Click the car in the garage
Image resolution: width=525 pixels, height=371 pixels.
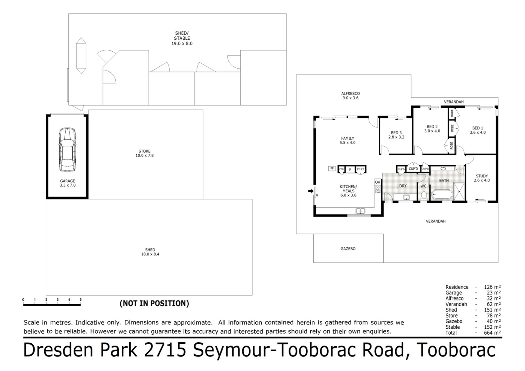click(x=67, y=150)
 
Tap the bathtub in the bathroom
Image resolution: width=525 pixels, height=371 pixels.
click(x=442, y=195)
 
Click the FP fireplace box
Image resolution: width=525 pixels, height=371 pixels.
click(x=332, y=168)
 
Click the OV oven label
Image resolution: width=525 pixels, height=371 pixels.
click(x=378, y=182)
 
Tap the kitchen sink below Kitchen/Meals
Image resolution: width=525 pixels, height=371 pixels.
click(x=360, y=211)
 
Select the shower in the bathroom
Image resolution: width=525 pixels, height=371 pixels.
click(x=459, y=192)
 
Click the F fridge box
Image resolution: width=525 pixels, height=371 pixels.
click(x=350, y=169)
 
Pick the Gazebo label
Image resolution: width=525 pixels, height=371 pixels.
click(x=348, y=249)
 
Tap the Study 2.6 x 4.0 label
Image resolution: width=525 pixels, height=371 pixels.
click(x=482, y=178)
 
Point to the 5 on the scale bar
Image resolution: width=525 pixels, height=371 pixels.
click(x=80, y=300)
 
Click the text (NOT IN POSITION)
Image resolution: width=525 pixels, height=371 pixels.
click(x=154, y=304)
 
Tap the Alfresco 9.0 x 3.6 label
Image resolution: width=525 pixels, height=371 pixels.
click(x=351, y=96)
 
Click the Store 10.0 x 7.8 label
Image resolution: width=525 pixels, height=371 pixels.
click(x=144, y=153)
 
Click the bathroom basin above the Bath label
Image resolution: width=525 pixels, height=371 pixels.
click(x=444, y=169)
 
